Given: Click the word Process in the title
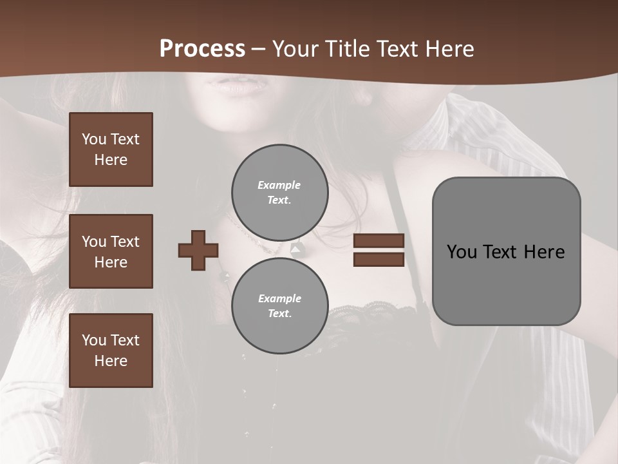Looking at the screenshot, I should click(x=202, y=49).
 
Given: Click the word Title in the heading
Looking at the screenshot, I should click(x=346, y=49).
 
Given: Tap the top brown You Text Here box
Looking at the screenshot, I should click(x=111, y=150).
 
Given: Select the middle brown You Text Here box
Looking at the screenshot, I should click(x=111, y=251).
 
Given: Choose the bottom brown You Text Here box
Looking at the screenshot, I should click(x=111, y=351).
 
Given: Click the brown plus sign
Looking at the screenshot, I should click(x=198, y=250).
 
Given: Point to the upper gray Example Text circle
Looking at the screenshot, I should click(x=279, y=193).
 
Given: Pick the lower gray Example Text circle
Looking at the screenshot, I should click(x=279, y=306).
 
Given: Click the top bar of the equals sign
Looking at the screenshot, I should click(x=379, y=241).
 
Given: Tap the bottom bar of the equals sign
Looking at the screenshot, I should click(x=379, y=260).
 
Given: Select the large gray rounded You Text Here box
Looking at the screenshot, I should click(x=506, y=251).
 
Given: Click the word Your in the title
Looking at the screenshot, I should click(x=296, y=49).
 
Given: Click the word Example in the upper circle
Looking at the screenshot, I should click(x=279, y=185).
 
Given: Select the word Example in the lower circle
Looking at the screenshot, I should click(x=279, y=298).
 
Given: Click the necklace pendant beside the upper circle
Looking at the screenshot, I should click(x=297, y=248).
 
